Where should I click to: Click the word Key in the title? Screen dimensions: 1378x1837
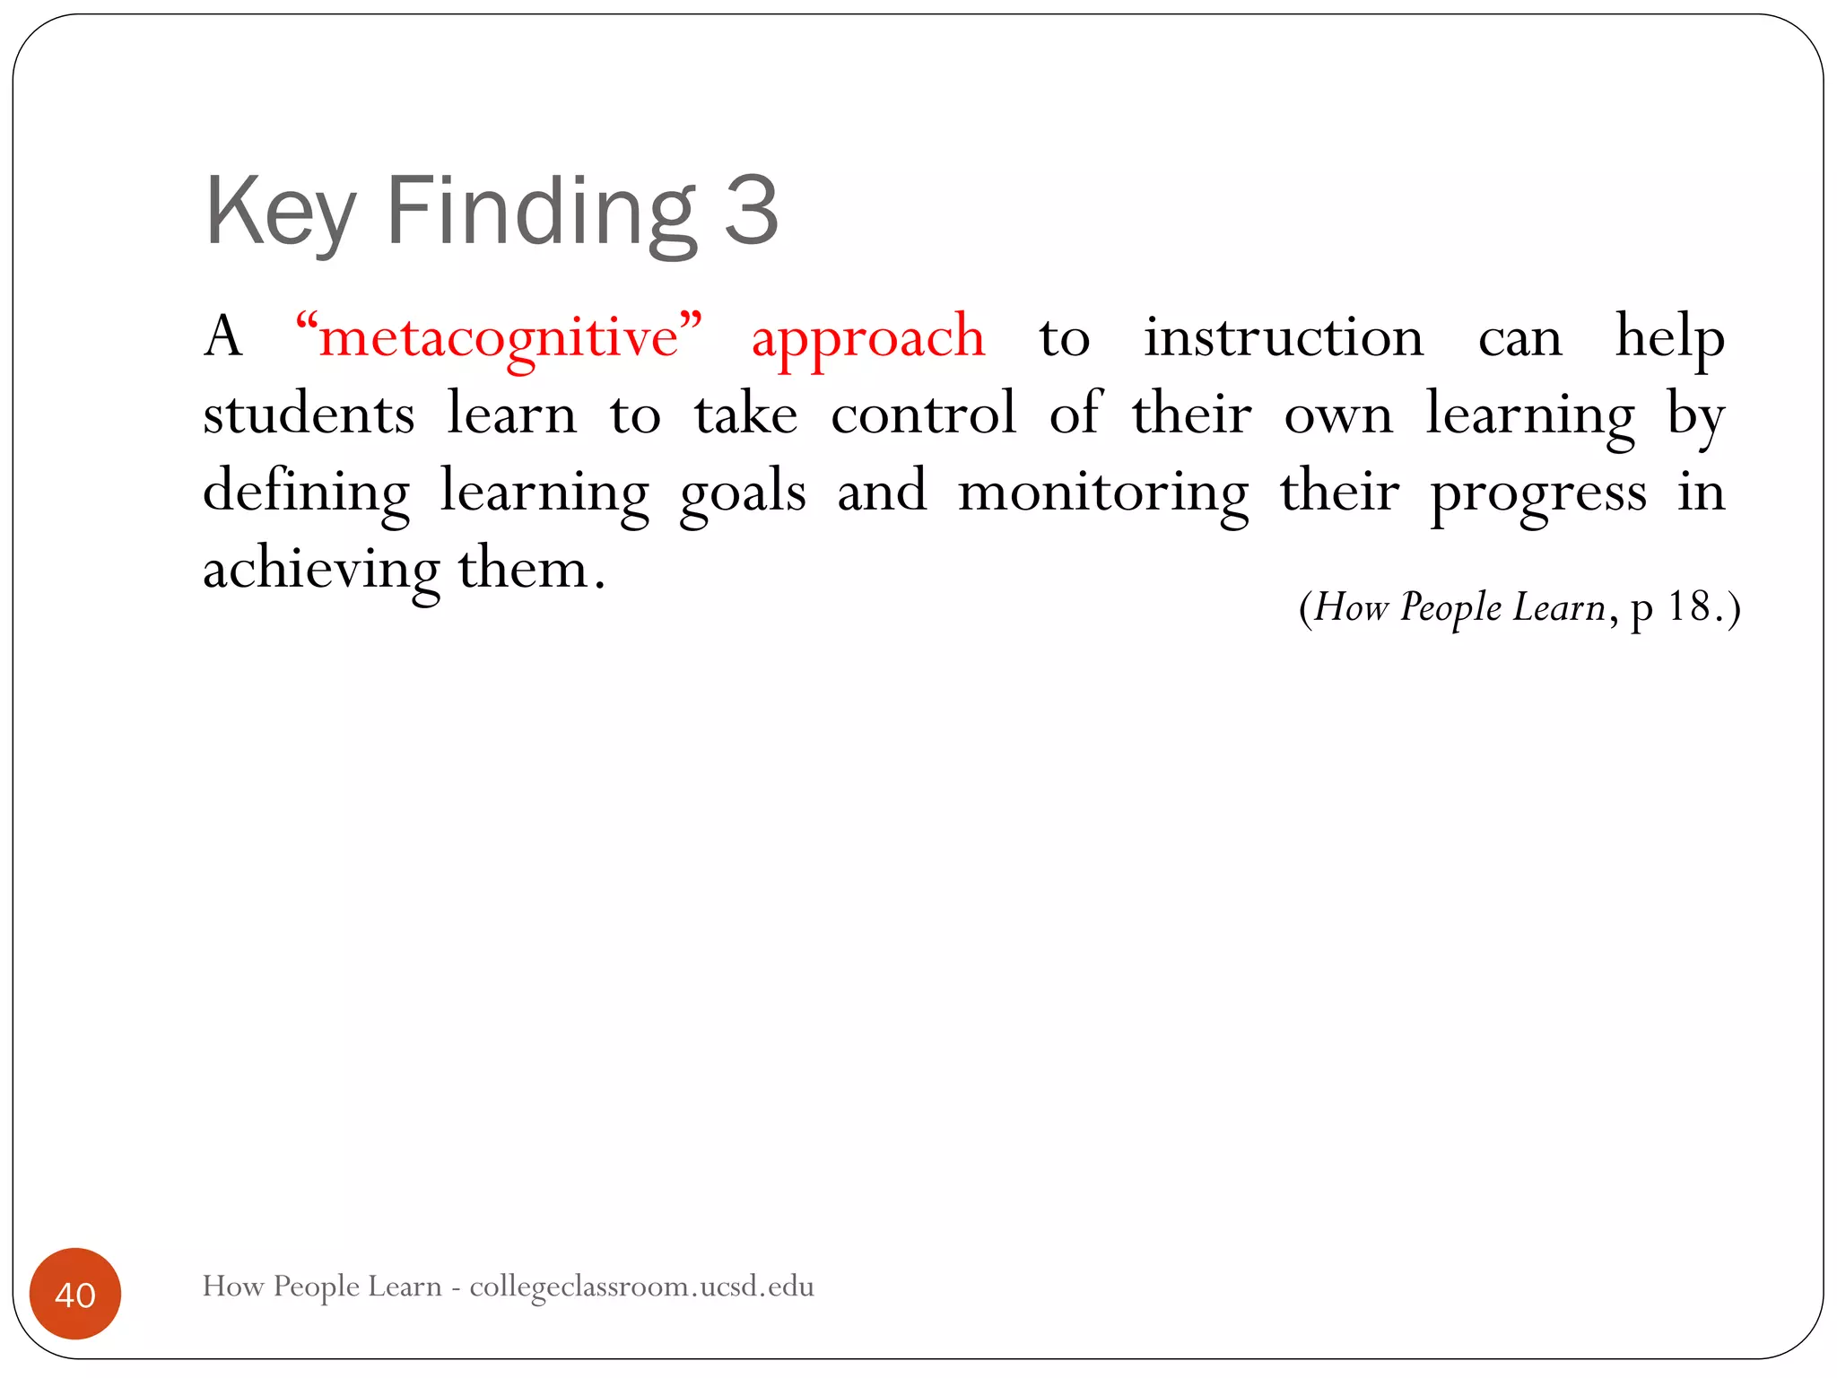(280, 213)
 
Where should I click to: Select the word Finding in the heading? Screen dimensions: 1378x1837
(541, 213)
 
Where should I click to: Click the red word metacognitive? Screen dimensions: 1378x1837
(499, 337)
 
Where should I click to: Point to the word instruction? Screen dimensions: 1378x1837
(1284, 337)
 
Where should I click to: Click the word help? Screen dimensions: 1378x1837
(1669, 337)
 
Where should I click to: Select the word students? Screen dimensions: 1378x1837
(309, 414)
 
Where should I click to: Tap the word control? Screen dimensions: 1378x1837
(924, 414)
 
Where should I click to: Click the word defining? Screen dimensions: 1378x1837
(306, 493)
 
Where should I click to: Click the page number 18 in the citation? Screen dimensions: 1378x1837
(1688, 607)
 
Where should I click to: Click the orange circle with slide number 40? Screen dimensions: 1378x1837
(75, 1294)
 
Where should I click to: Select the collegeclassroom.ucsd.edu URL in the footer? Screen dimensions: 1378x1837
(641, 1286)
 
